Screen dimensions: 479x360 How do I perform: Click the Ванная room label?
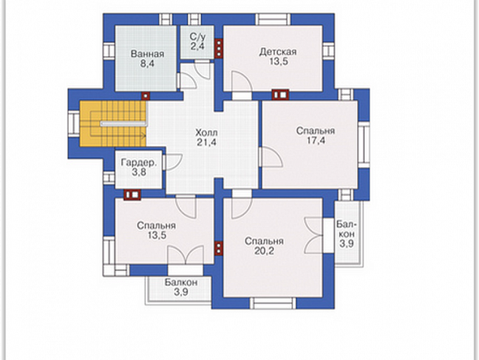pos(147,54)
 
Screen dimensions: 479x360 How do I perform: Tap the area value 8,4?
pos(147,64)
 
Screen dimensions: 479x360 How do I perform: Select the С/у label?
pos(198,37)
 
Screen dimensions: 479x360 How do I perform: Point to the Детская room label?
pos(278,51)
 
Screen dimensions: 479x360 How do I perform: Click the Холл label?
pos(206,133)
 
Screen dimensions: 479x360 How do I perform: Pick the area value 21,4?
pos(206,142)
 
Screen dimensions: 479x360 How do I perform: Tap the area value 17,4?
pos(316,141)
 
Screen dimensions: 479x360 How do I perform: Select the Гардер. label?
pos(139,163)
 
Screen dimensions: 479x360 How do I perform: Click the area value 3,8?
pos(139,172)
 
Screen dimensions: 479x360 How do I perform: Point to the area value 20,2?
pos(264,251)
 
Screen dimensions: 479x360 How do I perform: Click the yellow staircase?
pos(113,123)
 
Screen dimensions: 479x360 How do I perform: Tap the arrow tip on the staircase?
pos(146,135)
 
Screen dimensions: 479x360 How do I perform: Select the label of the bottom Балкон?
pos(181,282)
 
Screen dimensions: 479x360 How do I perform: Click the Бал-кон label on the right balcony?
pos(347,229)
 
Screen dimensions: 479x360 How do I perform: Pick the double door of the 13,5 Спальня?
pos(185,254)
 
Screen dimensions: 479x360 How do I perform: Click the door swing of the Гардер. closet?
pos(173,162)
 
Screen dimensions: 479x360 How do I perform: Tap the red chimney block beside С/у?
pos(219,48)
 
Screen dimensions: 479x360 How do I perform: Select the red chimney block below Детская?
pos(280,95)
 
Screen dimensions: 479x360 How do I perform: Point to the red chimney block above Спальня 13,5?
pos(132,195)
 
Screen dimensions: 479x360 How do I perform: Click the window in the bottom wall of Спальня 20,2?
pos(273,303)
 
